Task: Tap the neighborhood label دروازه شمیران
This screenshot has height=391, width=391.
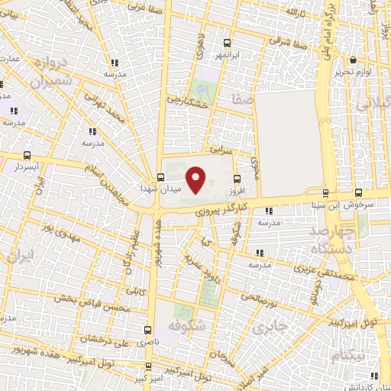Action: pos(52,71)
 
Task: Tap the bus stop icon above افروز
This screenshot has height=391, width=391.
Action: pos(238,177)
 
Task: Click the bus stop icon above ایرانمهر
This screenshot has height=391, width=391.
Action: pos(227,44)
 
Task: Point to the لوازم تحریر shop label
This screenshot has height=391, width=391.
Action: pos(352,72)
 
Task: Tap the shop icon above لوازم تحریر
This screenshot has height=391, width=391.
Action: pos(354,60)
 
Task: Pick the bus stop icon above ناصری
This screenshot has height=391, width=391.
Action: pos(147,331)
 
